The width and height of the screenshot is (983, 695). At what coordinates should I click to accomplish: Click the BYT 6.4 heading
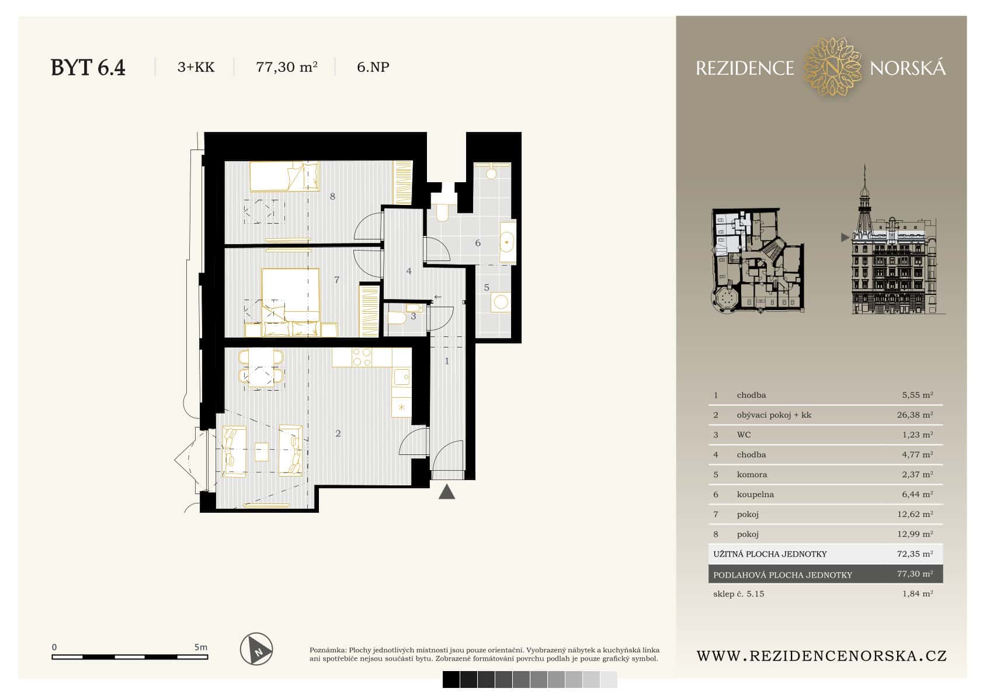(88, 68)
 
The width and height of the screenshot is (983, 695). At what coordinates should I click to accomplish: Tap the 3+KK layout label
(196, 67)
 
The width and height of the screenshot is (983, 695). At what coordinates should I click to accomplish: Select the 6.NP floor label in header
(373, 67)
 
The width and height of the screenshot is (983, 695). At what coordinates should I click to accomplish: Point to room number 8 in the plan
(332, 196)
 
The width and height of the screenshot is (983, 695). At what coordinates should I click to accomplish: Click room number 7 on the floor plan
(336, 280)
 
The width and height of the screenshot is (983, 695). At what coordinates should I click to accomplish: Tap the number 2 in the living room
(338, 433)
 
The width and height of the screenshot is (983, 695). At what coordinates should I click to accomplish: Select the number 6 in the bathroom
(478, 243)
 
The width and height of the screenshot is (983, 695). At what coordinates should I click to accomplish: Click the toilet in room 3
(398, 318)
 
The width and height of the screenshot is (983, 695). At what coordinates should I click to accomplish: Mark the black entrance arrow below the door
(447, 492)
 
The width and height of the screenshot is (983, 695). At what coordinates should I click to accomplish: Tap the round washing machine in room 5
(501, 302)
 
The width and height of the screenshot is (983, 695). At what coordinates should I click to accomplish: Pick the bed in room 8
(284, 176)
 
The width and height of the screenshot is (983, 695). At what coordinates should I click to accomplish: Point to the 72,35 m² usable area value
(915, 554)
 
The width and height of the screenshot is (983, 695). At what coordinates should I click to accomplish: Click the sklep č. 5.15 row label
(738, 593)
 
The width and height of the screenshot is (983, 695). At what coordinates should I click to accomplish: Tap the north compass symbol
(256, 649)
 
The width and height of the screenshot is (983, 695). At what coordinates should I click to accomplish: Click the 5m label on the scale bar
(200, 647)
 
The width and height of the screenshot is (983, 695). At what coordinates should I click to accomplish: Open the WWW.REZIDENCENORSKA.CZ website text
(821, 656)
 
